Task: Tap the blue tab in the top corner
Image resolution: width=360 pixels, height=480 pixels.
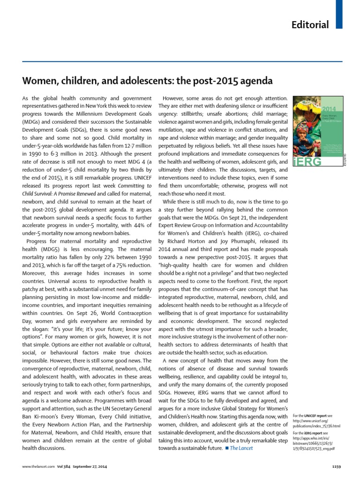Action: (x=339, y=13)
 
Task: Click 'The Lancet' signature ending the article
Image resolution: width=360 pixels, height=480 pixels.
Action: (x=241, y=448)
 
